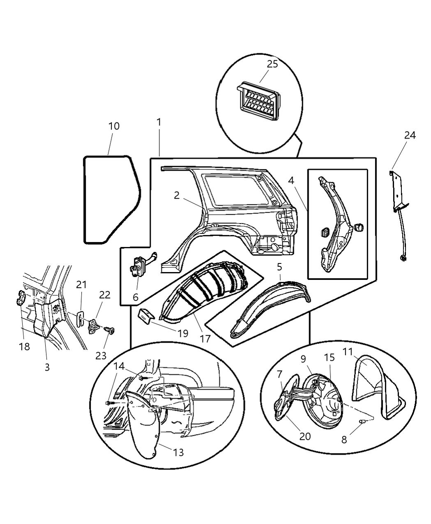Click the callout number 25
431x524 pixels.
272,64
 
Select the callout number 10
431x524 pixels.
114,126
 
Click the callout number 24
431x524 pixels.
410,135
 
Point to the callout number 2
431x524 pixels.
177,195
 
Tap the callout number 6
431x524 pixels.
135,297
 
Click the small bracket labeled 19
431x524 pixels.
146,316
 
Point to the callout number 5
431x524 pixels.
279,267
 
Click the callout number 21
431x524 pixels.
81,284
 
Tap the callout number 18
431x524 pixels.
24,346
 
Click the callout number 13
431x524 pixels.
178,452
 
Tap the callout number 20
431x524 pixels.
305,436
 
